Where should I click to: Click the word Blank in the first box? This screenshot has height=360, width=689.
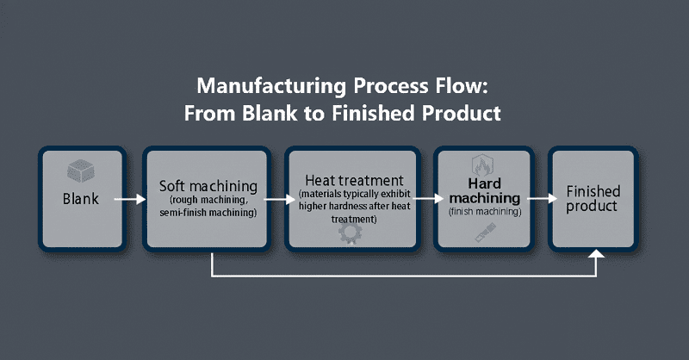pyautogui.click(x=81, y=199)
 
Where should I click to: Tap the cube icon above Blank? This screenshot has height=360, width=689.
pyautogui.click(x=81, y=171)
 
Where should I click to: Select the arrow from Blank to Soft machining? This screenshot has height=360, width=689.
pyautogui.click(x=130, y=199)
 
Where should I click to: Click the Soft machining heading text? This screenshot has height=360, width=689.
pyautogui.click(x=208, y=186)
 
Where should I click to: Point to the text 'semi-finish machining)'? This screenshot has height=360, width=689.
pyautogui.click(x=208, y=213)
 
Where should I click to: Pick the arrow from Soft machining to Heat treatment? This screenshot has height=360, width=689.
pyautogui.click(x=279, y=199)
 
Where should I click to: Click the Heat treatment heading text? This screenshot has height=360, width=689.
pyautogui.click(x=354, y=180)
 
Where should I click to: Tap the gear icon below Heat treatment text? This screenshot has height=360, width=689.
pyautogui.click(x=351, y=233)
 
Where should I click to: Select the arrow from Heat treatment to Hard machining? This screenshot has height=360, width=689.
pyautogui.click(x=428, y=199)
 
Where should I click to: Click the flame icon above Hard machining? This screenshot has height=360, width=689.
pyautogui.click(x=482, y=164)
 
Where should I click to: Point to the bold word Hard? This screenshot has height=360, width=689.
pyautogui.click(x=484, y=183)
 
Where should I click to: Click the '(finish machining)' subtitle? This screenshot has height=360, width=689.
pyautogui.click(x=485, y=211)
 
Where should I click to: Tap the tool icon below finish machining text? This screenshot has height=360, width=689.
pyautogui.click(x=486, y=232)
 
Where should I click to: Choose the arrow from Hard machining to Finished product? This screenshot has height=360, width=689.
pyautogui.click(x=543, y=199)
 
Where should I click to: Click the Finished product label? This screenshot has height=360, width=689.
pyautogui.click(x=593, y=199)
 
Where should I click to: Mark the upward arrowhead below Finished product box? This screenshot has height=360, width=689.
pyautogui.click(x=596, y=253)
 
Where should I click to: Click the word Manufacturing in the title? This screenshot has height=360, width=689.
pyautogui.click(x=271, y=86)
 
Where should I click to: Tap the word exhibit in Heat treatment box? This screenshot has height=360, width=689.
pyautogui.click(x=395, y=194)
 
